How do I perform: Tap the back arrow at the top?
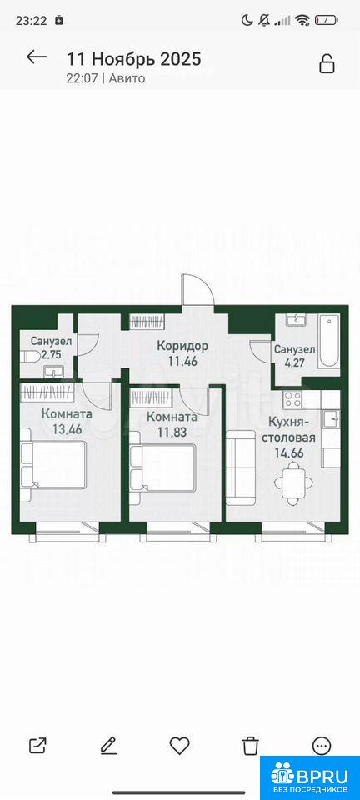37,57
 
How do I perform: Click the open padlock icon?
327,63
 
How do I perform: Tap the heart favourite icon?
179,746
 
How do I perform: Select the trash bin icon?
250,746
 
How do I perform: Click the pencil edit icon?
108,746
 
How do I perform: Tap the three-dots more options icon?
321,746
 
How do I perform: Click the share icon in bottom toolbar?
37,746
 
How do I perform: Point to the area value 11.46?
182,363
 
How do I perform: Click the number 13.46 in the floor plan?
67,428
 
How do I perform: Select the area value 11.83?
172,432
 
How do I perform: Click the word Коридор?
182,347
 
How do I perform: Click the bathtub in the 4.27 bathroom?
328,342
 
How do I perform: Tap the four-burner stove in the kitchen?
294,398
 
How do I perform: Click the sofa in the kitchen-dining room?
240,467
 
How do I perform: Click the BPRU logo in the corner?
310,777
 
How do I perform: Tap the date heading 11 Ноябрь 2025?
134,59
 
